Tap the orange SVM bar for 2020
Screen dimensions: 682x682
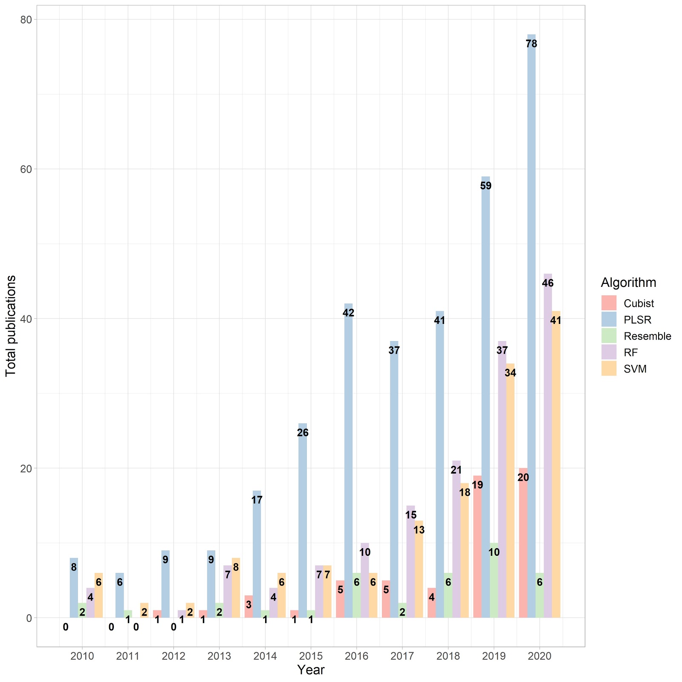556,469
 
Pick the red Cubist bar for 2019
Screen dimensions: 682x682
477,554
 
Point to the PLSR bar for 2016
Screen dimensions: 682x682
348,469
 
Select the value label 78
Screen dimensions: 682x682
531,44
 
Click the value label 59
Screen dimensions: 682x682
485,186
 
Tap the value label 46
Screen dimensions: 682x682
548,283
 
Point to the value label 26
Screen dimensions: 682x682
303,433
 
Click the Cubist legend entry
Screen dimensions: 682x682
639,303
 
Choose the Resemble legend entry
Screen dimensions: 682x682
647,336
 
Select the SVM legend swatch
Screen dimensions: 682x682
609,369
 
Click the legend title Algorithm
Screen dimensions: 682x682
628,282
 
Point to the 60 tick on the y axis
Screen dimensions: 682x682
26,169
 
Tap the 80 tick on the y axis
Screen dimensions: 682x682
26,20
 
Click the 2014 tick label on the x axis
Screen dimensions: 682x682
265,656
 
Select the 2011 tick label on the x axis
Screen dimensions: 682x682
128,656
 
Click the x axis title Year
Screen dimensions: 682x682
311,670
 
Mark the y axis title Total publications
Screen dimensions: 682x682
11,326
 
